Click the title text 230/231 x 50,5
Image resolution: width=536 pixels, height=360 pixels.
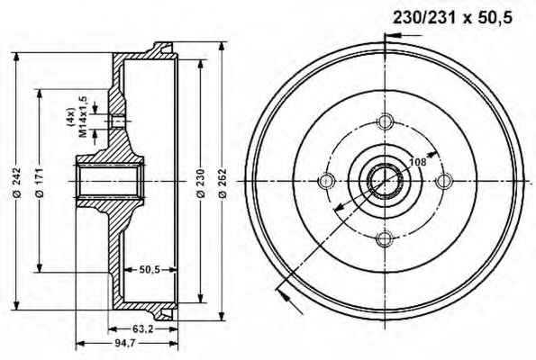452,17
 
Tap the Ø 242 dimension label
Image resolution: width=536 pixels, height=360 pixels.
17,183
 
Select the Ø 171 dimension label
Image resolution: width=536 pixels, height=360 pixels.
41,183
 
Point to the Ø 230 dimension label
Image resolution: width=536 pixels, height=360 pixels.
201,183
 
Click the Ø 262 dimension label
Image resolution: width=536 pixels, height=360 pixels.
223,183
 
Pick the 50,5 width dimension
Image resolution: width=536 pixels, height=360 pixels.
150,269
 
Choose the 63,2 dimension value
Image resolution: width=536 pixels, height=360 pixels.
142,328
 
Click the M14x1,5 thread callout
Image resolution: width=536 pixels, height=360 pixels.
83,116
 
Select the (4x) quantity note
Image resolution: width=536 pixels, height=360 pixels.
71,118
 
